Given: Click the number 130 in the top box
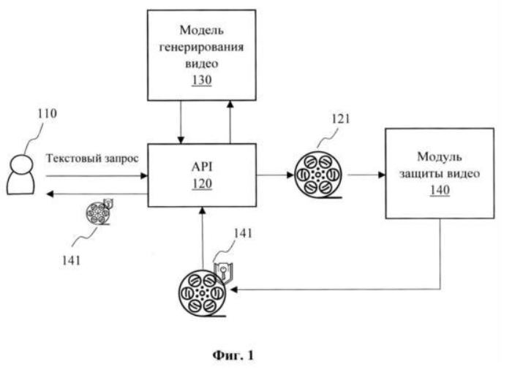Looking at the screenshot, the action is (x=202, y=80).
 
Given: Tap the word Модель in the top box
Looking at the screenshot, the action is (x=202, y=31).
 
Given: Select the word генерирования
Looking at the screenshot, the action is (x=201, y=47).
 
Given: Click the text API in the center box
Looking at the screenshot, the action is (x=202, y=167).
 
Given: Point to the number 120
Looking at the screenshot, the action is (x=202, y=183).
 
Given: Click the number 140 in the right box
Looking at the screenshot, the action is (x=440, y=190).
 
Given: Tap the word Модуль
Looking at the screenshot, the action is (x=440, y=157).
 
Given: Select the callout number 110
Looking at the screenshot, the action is (x=48, y=113).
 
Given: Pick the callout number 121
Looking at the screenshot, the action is (x=341, y=118).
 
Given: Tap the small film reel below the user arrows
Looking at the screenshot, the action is (x=97, y=213).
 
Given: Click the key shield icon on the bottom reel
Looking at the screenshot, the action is (x=223, y=272).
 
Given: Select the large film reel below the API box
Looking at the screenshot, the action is (x=202, y=293).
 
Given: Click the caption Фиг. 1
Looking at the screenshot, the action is (x=233, y=355).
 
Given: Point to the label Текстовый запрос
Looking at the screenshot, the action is (x=92, y=159).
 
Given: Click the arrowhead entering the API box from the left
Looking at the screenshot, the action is (x=144, y=176).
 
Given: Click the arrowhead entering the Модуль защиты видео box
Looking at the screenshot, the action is (x=382, y=175).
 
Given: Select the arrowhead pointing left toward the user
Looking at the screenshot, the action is (x=50, y=194).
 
